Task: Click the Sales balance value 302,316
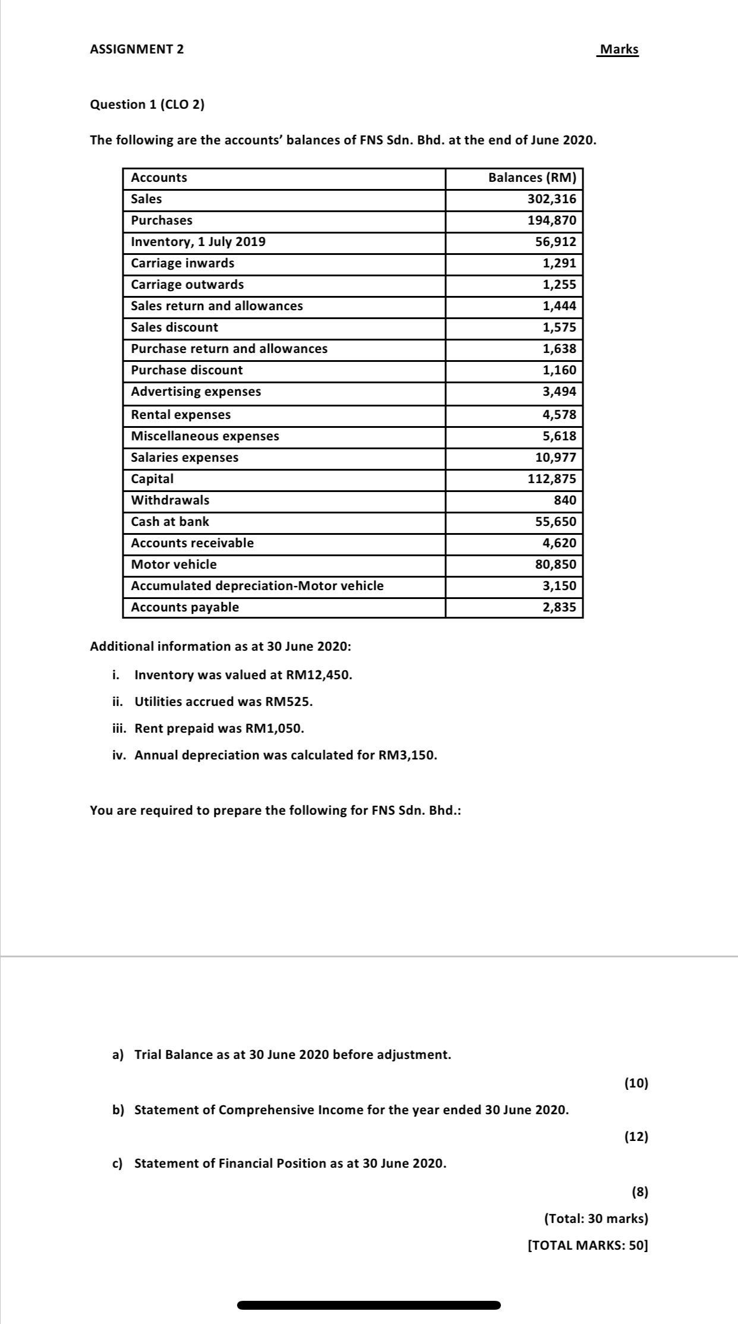(x=551, y=199)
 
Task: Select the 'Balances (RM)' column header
(x=532, y=178)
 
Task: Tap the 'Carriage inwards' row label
(x=182, y=263)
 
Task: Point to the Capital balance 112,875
(x=551, y=479)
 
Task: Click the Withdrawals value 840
(x=564, y=500)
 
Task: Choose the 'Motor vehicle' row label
(x=174, y=565)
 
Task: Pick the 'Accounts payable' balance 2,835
(x=559, y=607)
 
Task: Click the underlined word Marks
(x=619, y=49)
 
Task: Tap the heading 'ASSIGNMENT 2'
(x=137, y=49)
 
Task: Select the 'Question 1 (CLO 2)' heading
(x=147, y=105)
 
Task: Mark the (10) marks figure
(x=636, y=1083)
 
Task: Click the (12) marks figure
(x=636, y=1137)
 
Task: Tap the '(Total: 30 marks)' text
(x=596, y=1219)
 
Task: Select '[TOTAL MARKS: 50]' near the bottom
(x=588, y=1246)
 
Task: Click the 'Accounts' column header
(x=159, y=178)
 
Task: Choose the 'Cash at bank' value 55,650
(x=556, y=522)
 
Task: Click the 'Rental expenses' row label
(x=181, y=415)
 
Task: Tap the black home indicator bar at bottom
(x=368, y=1306)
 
